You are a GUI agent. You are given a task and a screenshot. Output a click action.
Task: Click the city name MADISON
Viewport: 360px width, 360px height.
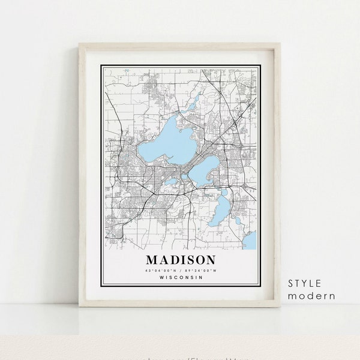coord(180,260)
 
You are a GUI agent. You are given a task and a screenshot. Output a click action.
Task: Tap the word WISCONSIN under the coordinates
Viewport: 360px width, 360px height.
coord(181,277)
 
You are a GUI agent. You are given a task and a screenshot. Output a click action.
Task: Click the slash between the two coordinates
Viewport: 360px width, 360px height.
coord(181,270)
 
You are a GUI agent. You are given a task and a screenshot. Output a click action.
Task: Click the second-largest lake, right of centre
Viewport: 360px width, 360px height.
coord(204,172)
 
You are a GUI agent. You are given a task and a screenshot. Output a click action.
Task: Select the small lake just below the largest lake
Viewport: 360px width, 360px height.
coord(171,181)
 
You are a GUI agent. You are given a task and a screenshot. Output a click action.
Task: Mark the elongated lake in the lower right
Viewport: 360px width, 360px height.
coord(221,206)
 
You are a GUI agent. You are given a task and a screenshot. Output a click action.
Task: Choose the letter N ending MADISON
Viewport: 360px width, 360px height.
coord(209,260)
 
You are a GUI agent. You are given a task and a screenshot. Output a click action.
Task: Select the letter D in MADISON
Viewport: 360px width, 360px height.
coord(173,260)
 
